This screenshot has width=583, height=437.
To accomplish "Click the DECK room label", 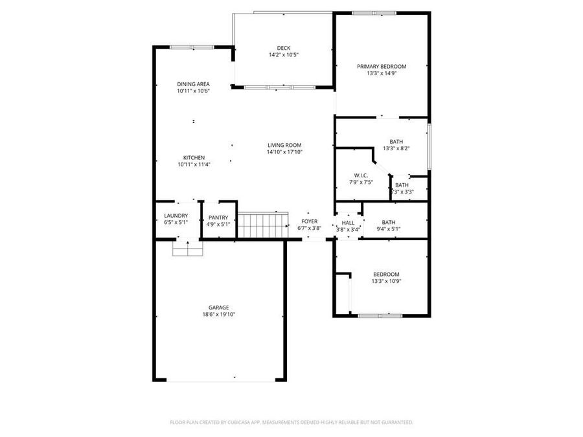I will tap(283, 47).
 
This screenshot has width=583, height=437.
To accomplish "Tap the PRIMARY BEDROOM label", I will tap(382, 67).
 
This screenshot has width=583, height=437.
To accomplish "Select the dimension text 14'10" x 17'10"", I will tap(284, 152).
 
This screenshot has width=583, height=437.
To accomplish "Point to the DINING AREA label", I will tap(193, 84).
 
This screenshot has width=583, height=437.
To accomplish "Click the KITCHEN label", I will tap(194, 157).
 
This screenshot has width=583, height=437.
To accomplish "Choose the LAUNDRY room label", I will tap(176, 216).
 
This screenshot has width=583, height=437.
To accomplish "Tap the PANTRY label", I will tap(218, 218).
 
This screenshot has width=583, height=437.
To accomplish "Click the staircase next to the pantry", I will tap(262, 225).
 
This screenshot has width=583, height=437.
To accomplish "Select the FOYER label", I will tap(309, 221).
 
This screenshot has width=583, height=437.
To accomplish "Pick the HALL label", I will tap(348, 223).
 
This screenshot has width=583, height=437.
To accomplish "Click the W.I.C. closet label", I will tap(361, 176).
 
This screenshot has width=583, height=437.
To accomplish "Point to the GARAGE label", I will tap(218, 308).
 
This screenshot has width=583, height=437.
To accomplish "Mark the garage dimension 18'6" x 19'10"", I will tap(218, 315).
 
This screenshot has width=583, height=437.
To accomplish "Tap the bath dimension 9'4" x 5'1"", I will tap(388, 229).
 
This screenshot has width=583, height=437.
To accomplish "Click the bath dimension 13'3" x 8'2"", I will tap(396, 149).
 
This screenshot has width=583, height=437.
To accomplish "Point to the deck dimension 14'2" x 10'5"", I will tap(283, 55).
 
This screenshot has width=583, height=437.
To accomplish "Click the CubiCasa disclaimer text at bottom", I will tap(291, 422).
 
